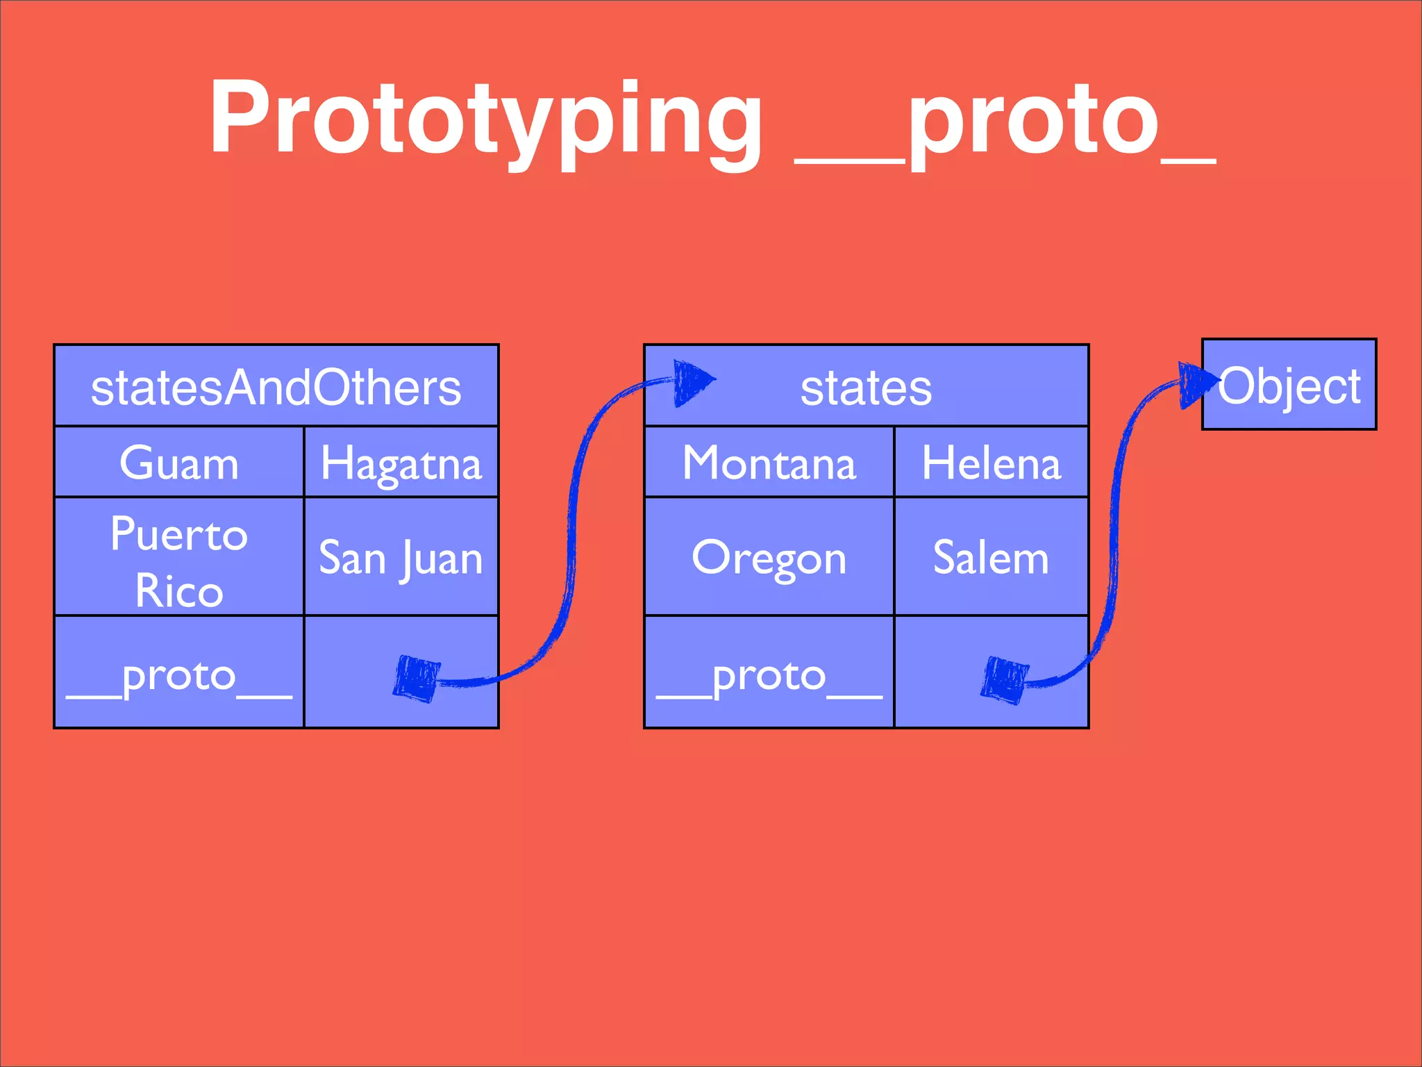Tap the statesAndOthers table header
coord(276,387)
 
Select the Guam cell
coord(179,463)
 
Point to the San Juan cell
coord(401,558)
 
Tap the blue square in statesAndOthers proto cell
coord(417,678)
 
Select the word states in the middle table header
coord(866,388)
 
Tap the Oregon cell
coord(769,558)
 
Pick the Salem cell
coord(991,558)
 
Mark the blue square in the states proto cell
coord(1005,679)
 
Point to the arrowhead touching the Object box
coord(1197,383)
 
